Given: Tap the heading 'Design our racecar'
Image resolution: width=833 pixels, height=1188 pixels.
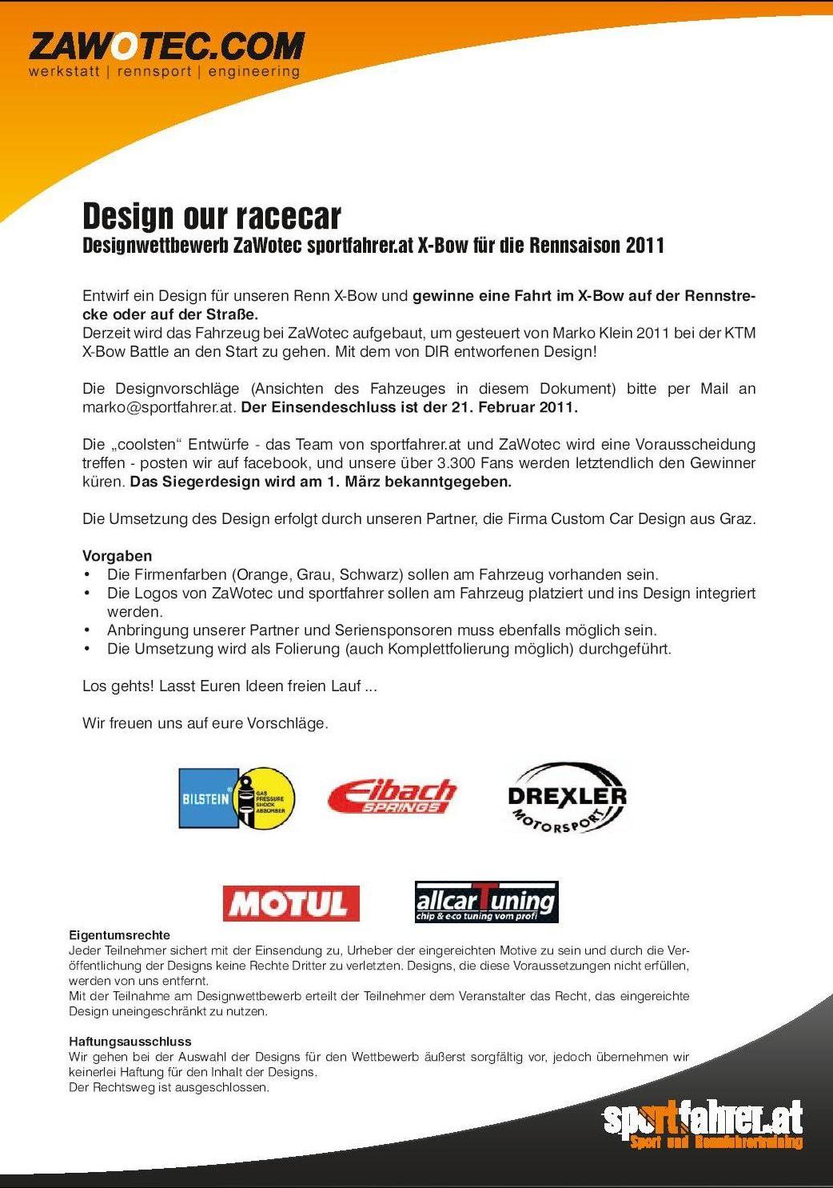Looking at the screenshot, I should [212, 216].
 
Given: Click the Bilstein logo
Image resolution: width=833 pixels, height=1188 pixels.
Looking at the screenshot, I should [237, 798].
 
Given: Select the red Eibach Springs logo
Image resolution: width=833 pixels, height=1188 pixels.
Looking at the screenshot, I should [392, 796].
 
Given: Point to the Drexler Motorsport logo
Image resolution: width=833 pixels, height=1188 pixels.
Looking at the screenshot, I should [567, 798].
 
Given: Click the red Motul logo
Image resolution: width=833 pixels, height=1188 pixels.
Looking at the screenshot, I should [291, 903].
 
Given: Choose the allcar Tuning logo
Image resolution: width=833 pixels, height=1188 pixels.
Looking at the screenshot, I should [486, 902].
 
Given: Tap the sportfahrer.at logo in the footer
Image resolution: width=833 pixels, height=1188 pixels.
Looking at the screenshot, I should [703, 1124].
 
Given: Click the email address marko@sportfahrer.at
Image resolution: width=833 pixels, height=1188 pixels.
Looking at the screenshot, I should [158, 407].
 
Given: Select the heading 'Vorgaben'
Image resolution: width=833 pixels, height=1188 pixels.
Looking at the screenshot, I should [117, 556].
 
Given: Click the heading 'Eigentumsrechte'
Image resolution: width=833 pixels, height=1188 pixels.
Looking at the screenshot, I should [119, 934].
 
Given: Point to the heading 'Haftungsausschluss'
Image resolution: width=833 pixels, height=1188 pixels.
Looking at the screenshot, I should [130, 1042].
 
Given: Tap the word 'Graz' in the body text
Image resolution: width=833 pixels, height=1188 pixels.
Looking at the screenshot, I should [735, 518].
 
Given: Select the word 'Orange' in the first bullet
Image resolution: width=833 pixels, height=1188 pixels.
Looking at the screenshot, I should [261, 574].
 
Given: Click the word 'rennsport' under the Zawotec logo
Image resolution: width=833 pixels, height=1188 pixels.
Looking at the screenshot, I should [154, 72].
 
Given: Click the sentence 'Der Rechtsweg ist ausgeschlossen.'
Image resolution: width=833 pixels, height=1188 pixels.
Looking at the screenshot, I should [169, 1087].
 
